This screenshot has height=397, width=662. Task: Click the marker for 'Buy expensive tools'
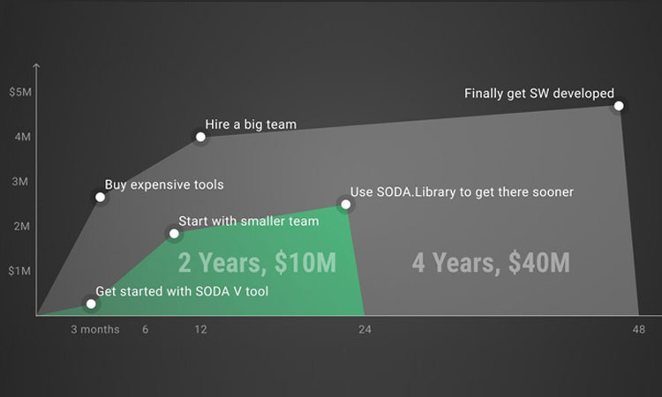point(100,197)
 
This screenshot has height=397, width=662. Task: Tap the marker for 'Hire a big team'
point(200,137)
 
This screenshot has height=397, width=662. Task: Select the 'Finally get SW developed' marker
point(619,106)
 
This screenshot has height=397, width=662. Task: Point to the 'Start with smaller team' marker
point(174,233)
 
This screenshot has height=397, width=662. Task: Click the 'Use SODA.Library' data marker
point(346,205)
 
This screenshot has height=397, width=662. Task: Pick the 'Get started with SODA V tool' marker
point(91,303)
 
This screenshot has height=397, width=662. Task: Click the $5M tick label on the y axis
point(20,92)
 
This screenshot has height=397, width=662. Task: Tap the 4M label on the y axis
point(22,137)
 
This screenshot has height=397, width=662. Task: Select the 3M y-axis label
point(19,182)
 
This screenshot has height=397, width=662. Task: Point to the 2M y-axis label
point(21,226)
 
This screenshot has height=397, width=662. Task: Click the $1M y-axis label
point(19,271)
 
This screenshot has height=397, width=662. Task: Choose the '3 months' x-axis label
point(95,329)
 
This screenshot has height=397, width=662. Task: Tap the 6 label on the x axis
point(146,329)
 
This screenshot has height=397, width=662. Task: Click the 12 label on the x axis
point(200,329)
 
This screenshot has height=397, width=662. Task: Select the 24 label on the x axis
point(365,329)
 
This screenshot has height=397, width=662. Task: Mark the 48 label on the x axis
point(639,329)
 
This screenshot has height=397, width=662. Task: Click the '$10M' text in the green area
point(305,262)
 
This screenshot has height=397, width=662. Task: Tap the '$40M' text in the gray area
point(539,262)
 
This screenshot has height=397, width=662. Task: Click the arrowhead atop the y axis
point(36,65)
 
